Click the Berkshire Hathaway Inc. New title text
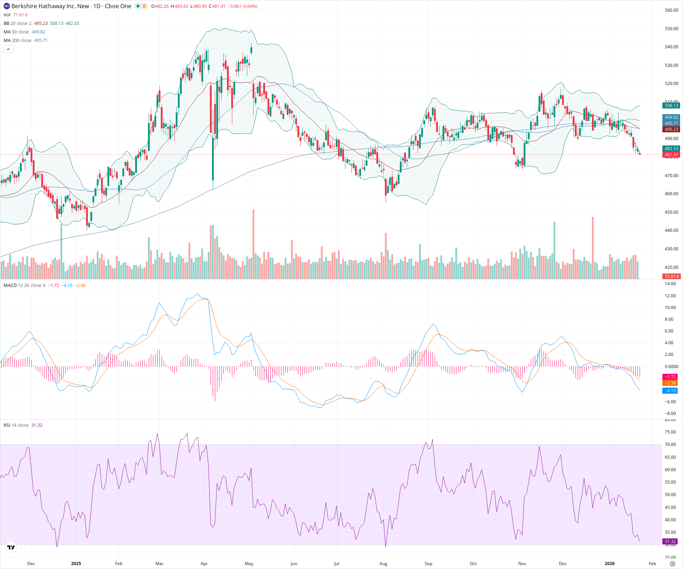(x=50, y=6)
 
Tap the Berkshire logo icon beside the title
(x=6, y=6)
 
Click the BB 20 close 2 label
(x=17, y=23)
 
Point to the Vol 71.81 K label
(x=15, y=15)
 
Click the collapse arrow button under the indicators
(x=8, y=49)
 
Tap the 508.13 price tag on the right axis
(x=671, y=105)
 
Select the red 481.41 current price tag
(x=671, y=155)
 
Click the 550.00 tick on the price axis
(x=671, y=28)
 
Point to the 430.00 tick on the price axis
(x=671, y=249)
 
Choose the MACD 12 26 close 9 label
(x=24, y=285)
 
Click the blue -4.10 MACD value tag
(x=670, y=390)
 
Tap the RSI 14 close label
(x=16, y=425)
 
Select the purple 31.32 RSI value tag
(x=670, y=541)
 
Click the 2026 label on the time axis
(x=609, y=563)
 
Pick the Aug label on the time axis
(x=383, y=563)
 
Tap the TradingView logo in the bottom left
(x=11, y=547)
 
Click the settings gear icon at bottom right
(x=672, y=564)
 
